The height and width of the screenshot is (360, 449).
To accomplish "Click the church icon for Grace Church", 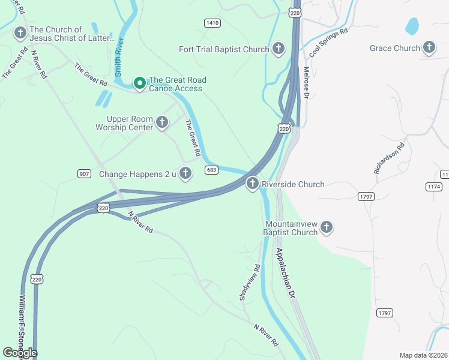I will tap(429, 47).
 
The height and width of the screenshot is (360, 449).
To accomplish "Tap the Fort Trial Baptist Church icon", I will tap(278, 49).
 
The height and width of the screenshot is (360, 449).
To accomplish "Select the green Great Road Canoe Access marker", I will tap(139, 83).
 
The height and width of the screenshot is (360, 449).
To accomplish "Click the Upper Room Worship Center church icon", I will tap(161, 123).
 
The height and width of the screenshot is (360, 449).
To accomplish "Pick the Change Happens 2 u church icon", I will tap(185, 174).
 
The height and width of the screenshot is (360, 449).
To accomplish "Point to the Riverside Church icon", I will tap(253, 184).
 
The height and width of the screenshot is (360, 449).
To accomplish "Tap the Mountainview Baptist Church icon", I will tap(326, 227).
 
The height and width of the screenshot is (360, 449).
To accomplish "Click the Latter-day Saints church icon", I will tap(20, 33).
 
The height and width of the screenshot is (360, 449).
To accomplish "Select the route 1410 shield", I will tap(212, 23).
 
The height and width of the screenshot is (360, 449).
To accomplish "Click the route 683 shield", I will tap(211, 170).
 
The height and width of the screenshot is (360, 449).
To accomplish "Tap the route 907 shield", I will tap(85, 174).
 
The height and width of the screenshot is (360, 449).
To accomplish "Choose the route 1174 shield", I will tap(433, 187).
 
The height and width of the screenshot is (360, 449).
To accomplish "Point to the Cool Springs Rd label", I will tap(328, 42).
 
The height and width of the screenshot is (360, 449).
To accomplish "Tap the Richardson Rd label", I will tap(389, 158).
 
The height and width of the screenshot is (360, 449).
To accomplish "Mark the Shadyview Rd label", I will tap(250, 282).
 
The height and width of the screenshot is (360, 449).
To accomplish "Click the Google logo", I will tap(20, 353).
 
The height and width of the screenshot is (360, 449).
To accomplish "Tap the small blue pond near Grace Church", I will tap(412, 26).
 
